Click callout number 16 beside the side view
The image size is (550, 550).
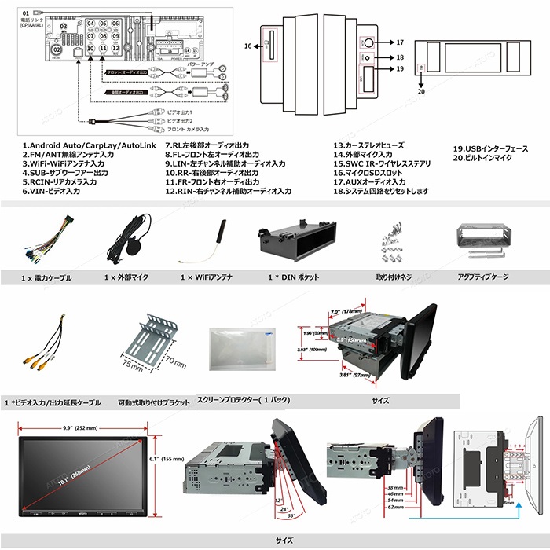click(x=247, y=46)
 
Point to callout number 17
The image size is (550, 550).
click(x=400, y=42)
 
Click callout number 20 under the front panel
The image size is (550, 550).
click(x=421, y=92)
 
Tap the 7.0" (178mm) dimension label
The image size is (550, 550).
click(x=346, y=310)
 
